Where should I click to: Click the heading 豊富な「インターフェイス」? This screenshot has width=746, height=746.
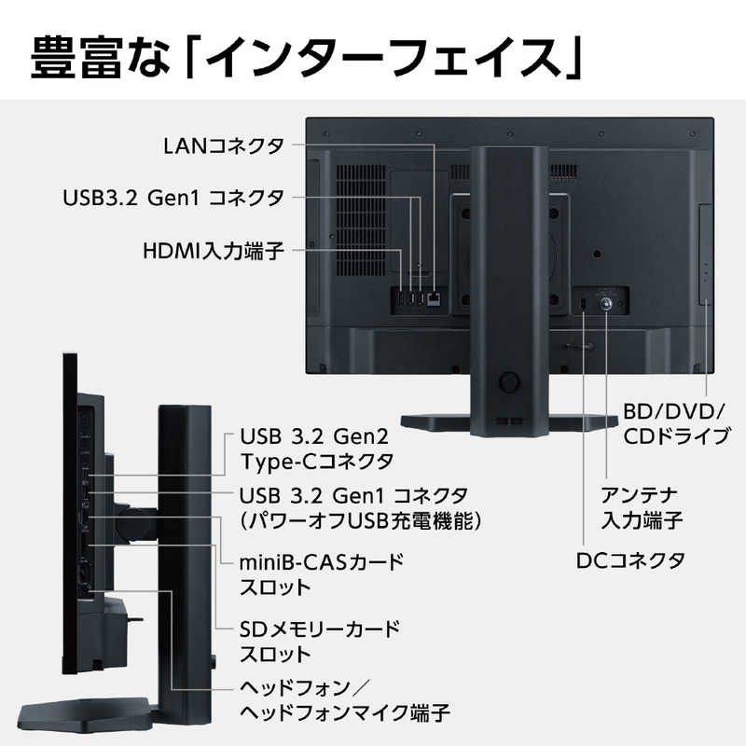coord(306,58)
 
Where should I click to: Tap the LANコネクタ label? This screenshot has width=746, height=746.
coord(224,146)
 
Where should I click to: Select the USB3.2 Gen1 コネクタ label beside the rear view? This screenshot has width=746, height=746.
coord(173,198)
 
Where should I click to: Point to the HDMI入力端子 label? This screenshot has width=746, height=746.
coord(214,250)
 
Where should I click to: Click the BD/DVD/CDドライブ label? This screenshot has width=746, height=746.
coord(676,424)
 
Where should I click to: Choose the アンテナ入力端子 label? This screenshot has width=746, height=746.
coord(642,507)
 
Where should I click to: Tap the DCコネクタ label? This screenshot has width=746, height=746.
coord(630,561)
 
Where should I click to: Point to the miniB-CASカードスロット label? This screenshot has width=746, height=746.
coord(321,574)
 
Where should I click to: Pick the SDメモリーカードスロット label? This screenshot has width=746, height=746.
coord(320,642)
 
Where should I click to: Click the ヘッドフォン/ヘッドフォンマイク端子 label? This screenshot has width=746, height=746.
coord(344,700)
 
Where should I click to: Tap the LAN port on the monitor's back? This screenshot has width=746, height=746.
coord(434,299)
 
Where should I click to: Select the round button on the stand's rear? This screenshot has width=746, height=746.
coord(508,381)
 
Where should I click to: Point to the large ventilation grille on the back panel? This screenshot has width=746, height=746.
coord(361,220)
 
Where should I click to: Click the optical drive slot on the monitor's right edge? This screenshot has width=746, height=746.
coord(706,255)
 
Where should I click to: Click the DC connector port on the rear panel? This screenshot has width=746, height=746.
coord(584,303)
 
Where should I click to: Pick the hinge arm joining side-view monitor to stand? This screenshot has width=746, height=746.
coord(136,524)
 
